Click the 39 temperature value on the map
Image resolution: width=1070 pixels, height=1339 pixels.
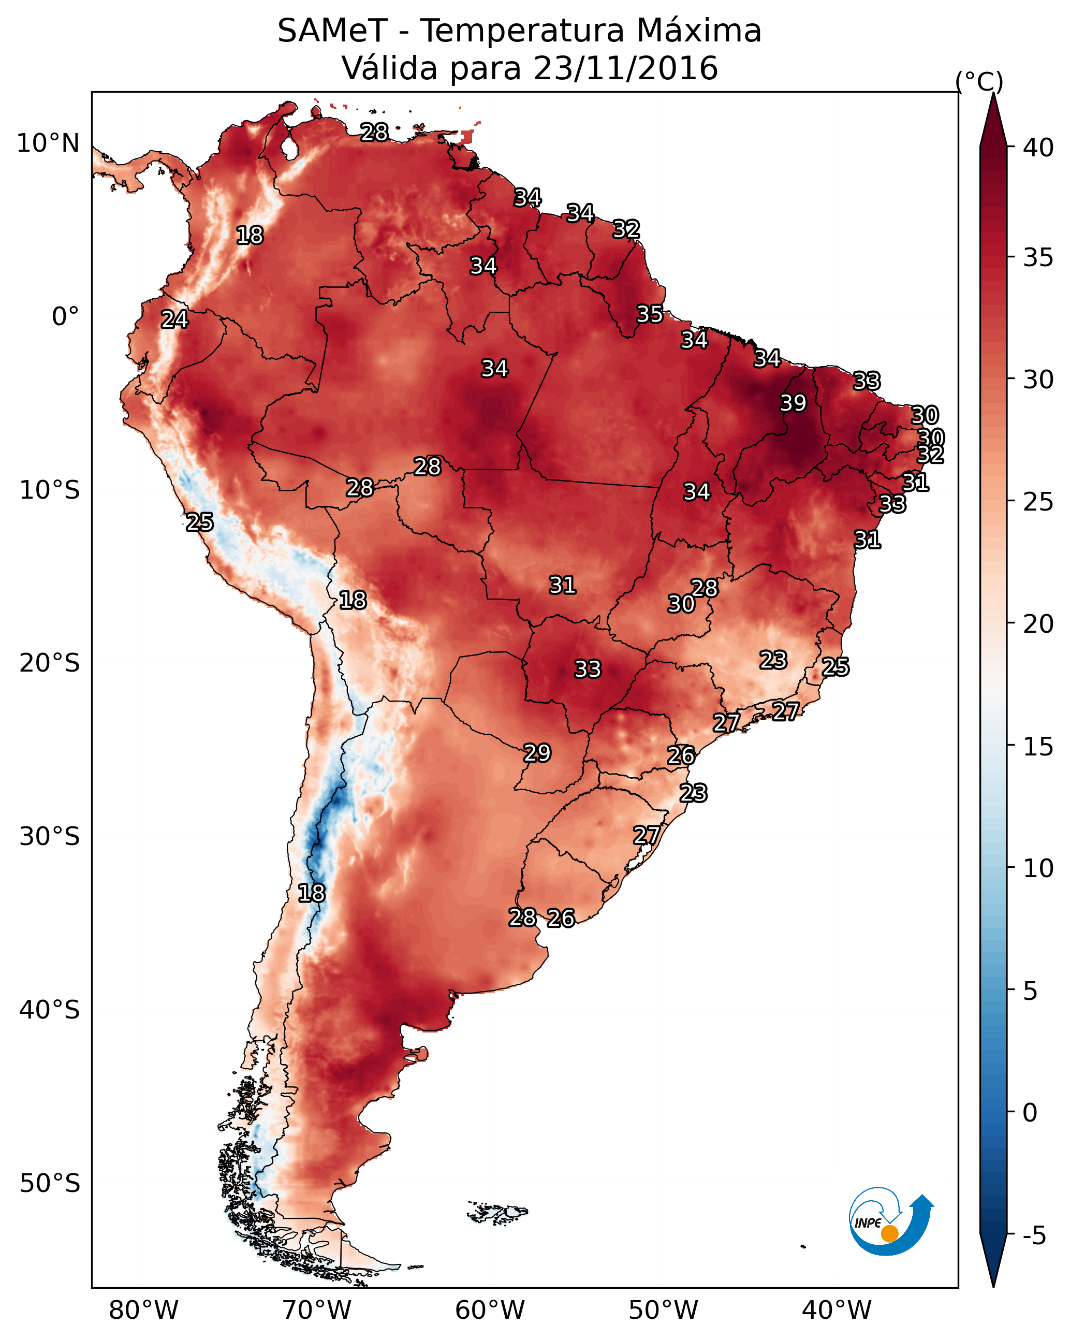(x=793, y=403)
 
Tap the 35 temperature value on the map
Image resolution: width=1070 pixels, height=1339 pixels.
(x=650, y=314)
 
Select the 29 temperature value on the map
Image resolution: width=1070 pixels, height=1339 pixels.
(x=537, y=753)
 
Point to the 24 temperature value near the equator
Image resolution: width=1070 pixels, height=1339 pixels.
(x=174, y=319)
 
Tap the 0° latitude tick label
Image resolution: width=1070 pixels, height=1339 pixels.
(x=66, y=317)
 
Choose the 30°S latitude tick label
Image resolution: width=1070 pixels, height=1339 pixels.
(x=50, y=837)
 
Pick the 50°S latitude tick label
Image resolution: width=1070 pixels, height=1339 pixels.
(x=50, y=1184)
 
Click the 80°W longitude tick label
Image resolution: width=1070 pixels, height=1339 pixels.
(x=143, y=1310)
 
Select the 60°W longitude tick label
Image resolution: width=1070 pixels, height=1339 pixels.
(x=490, y=1310)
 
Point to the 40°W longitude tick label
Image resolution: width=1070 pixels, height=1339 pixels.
(x=837, y=1310)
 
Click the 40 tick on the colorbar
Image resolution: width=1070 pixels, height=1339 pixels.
(x=1038, y=148)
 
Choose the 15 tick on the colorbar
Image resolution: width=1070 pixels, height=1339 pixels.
(x=1038, y=747)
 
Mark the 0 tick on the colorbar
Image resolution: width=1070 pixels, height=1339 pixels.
(x=1030, y=1113)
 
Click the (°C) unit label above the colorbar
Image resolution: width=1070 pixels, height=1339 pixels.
(x=979, y=81)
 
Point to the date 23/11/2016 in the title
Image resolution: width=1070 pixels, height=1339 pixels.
(x=625, y=68)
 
